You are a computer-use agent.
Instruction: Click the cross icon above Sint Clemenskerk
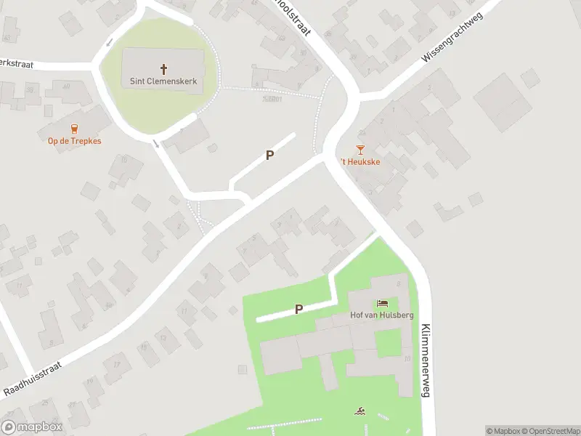coord(163,69)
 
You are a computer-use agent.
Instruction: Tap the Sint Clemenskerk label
coord(163,81)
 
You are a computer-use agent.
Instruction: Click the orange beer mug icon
coord(75,129)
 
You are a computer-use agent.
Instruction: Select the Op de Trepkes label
coord(75,141)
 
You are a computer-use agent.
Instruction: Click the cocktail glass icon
coord(360,150)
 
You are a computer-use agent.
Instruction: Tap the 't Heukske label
coord(361,162)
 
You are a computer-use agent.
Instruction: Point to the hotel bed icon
coord(382,303)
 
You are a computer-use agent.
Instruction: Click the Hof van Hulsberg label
coord(382,315)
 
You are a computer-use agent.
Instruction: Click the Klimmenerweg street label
coord(426,360)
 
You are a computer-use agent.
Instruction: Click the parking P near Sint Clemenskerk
coord(269,155)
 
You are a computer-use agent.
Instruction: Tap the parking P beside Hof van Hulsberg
coord(298,310)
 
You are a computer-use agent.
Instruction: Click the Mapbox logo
coord(32,427)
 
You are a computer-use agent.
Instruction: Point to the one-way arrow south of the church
coord(157,143)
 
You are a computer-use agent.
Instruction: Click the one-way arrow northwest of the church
coord(109,41)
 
